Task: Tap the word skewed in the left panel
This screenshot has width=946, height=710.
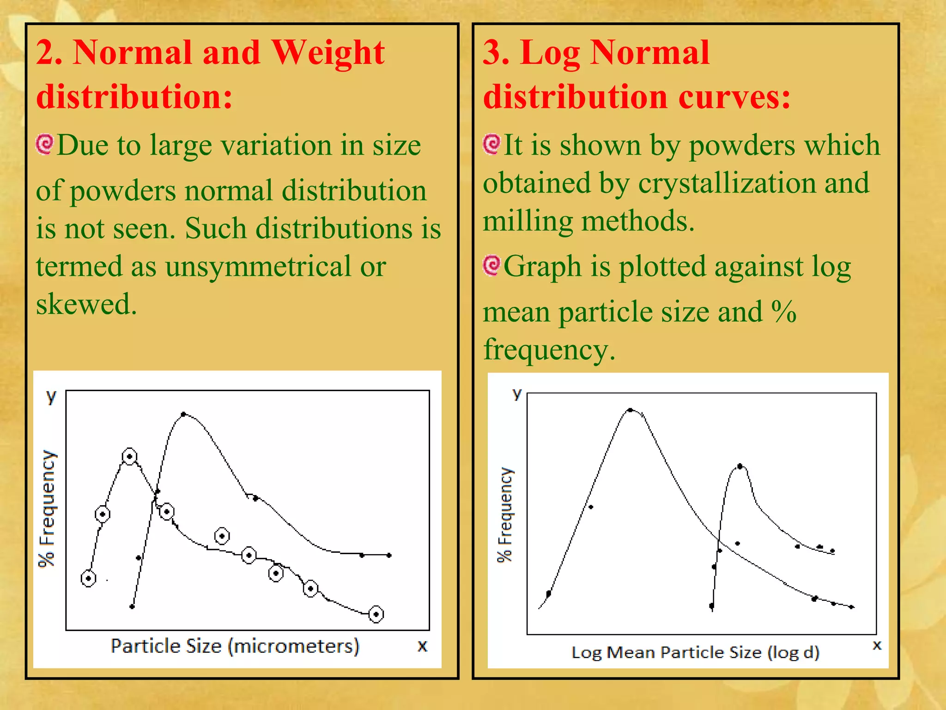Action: [86, 305]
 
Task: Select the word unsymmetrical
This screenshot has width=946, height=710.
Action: [258, 267]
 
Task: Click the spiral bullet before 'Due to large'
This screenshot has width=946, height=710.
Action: [45, 145]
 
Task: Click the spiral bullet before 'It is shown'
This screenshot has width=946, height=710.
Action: [492, 144]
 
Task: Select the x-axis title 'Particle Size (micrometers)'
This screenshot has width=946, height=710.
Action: [235, 646]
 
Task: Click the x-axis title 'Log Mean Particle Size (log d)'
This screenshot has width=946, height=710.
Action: [695, 652]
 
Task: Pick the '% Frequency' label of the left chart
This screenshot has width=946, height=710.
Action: [47, 508]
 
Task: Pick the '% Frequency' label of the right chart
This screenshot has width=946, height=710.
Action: [505, 514]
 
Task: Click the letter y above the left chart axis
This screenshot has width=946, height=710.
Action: [51, 396]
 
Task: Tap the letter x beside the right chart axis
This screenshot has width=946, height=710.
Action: [877, 645]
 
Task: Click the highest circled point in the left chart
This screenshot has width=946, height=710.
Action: [129, 457]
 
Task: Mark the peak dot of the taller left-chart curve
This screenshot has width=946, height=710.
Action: [183, 414]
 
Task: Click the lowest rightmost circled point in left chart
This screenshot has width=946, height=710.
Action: [376, 614]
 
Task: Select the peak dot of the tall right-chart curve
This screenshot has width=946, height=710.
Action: [631, 410]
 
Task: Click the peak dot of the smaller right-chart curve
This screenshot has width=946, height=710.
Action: [740, 466]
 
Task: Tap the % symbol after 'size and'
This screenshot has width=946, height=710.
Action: [784, 312]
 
